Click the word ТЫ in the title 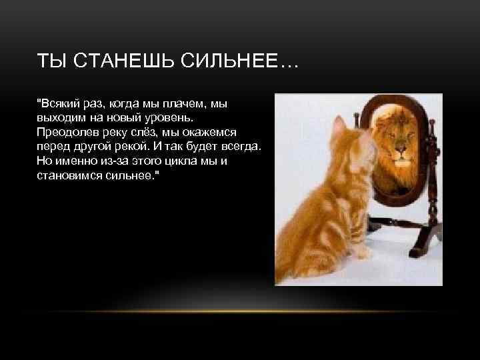[51, 63]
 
